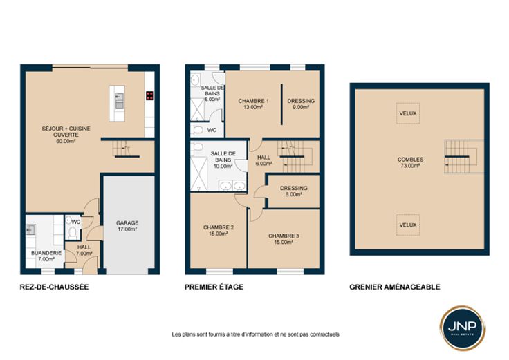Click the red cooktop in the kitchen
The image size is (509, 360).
tap(149, 95)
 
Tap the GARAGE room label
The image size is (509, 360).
tap(127, 226)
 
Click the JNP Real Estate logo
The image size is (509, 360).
tap(463, 328)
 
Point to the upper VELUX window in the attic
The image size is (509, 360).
tap(408, 113)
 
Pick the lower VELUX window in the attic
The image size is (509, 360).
tap(408, 225)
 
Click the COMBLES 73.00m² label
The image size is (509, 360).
tap(410, 162)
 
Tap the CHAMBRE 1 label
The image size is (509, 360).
tap(253, 104)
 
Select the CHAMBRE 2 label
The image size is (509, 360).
tap(218, 230)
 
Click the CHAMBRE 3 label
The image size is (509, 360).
tap(284, 238)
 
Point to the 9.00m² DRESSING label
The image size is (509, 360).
tap(301, 104)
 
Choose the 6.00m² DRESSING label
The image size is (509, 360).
tap(293, 191)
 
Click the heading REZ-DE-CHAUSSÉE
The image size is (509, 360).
tap(54, 287)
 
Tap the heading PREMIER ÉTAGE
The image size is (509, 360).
tap(214, 287)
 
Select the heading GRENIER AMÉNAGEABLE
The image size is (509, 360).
tap(395, 287)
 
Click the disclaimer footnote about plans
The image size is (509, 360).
tap(255, 334)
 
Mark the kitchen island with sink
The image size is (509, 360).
tap(117, 104)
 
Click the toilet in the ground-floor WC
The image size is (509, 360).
tap(72, 233)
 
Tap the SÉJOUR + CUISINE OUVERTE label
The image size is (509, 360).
tap(66, 135)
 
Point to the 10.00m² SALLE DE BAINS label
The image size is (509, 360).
tap(223, 160)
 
